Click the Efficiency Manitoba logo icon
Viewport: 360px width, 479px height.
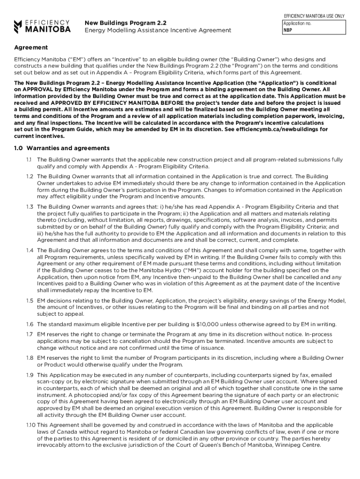[18, 26]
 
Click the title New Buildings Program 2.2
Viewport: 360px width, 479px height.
[125, 22]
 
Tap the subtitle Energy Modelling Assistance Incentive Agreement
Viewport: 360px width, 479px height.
[158, 30]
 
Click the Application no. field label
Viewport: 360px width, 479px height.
[296, 23]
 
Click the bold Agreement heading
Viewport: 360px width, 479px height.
[30, 48]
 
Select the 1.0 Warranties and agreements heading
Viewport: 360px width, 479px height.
[62, 148]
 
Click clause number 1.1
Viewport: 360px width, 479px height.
[29, 160]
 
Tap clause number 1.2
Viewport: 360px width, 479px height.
[29, 176]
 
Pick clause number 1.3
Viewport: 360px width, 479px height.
[29, 206]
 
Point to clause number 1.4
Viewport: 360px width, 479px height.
[29, 250]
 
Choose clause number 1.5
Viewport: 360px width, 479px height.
[29, 301]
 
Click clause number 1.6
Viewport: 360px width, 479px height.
[29, 324]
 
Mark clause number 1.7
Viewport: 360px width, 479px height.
[29, 335]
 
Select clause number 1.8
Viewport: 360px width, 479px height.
[29, 358]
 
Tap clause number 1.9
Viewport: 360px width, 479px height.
[29, 375]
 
